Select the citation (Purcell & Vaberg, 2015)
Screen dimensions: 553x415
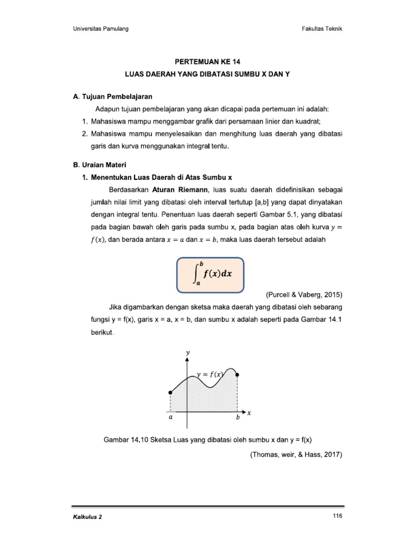[x=304, y=295]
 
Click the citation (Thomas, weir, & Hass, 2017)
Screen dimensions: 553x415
[x=297, y=455]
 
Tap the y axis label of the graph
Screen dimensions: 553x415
[x=188, y=353]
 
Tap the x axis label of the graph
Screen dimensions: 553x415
[x=250, y=414]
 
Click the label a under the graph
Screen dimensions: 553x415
[x=170, y=417]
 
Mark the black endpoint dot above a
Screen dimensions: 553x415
[x=170, y=393]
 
